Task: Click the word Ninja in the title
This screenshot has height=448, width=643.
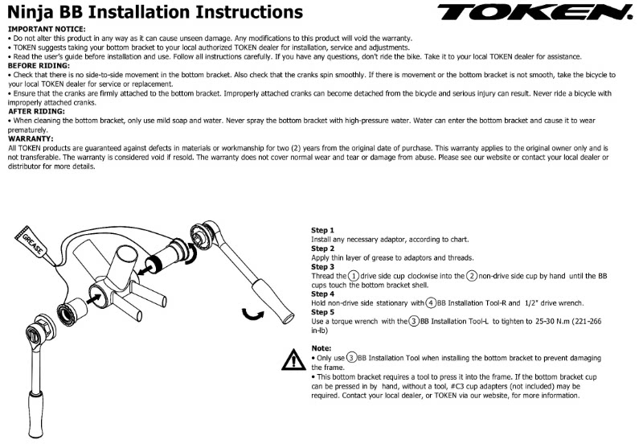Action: click(x=31, y=12)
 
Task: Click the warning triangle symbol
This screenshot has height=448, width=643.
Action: click(x=293, y=360)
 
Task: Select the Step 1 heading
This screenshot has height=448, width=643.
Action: click(x=322, y=231)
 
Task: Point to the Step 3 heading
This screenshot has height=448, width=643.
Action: click(x=322, y=266)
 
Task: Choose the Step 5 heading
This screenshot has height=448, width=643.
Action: click(x=322, y=311)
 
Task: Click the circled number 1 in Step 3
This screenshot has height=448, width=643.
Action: click(x=342, y=276)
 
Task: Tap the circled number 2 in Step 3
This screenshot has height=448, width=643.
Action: click(x=473, y=276)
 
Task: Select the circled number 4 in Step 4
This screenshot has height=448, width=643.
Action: click(x=431, y=302)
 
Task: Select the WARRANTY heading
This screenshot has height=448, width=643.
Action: click(x=30, y=139)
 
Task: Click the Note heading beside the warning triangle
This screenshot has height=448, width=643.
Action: click(x=321, y=348)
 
